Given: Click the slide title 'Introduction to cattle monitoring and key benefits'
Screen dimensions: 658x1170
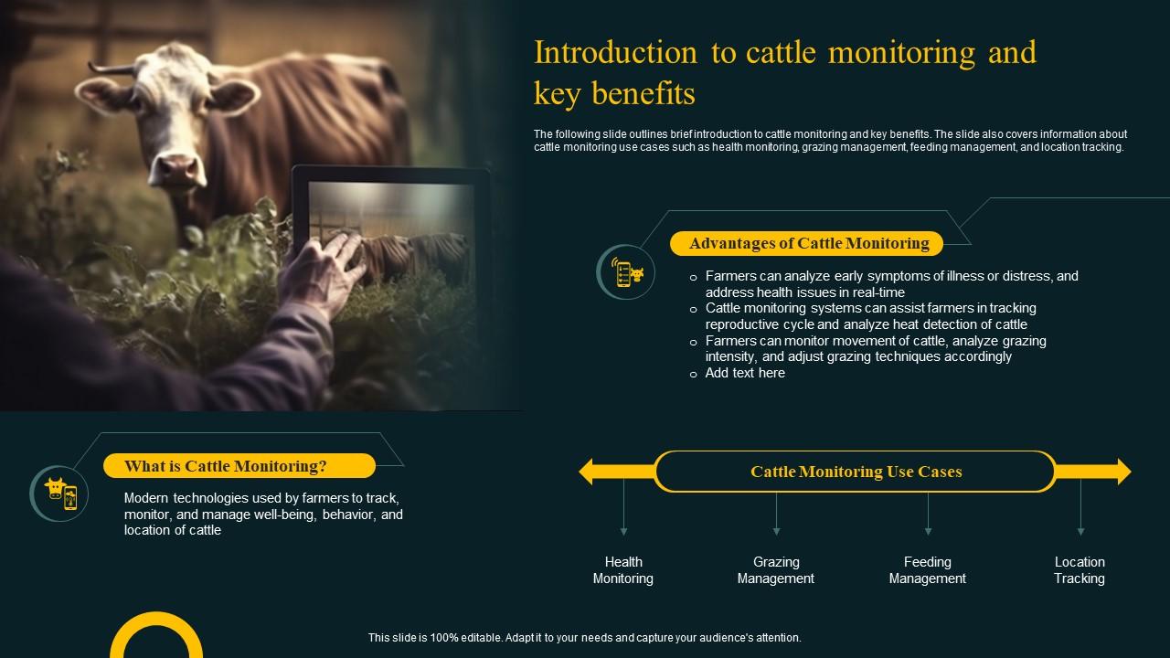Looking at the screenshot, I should click(784, 72).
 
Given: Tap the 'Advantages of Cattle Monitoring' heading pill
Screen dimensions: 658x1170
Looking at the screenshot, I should click(808, 243).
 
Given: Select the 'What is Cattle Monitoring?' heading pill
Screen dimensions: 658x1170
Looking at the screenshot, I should click(239, 466).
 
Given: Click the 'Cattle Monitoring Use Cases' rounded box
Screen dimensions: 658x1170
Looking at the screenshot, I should click(856, 472).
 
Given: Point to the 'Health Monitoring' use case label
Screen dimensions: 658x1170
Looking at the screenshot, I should click(622, 570).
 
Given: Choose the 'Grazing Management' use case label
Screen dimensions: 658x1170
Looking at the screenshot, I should click(775, 570).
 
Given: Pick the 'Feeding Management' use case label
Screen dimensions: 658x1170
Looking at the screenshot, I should click(927, 570).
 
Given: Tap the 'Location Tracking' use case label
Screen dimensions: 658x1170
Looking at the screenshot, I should click(1079, 570).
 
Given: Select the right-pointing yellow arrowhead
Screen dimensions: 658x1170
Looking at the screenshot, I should click(1118, 472).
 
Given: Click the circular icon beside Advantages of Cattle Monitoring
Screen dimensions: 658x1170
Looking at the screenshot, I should click(626, 272).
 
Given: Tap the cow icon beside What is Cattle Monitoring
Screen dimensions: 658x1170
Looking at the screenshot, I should click(59, 493).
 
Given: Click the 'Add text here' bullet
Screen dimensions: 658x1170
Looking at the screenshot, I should click(744, 373).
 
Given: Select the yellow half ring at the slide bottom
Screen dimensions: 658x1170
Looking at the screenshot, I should click(156, 631).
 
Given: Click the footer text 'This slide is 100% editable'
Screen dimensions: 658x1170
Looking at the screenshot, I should click(584, 638).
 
